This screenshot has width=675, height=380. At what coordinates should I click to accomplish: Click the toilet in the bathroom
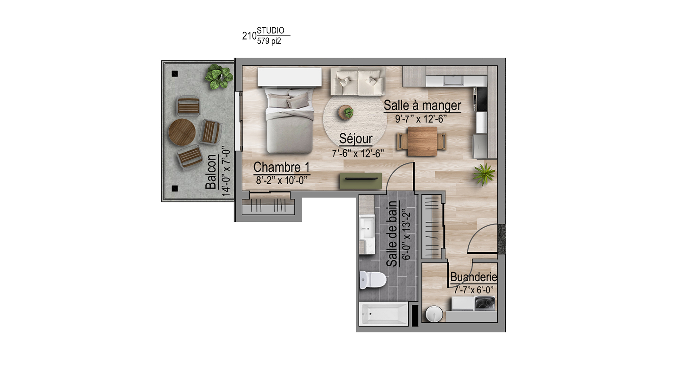(373, 280)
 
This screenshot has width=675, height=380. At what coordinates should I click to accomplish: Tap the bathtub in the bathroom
(384, 314)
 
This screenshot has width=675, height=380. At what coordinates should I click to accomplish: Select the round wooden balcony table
(182, 132)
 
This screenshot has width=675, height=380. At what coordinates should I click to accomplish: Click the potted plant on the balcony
(219, 77)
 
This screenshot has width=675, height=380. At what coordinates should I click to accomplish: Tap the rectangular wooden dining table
(422, 141)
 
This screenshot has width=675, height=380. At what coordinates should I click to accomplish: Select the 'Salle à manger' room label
(422, 105)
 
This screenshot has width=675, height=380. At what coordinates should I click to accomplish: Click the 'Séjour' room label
(356, 139)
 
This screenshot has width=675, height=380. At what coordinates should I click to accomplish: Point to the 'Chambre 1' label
(281, 167)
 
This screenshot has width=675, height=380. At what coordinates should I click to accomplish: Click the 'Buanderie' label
(473, 277)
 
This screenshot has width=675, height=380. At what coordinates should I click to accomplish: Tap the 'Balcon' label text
(211, 172)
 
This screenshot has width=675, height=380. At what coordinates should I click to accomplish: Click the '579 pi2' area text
(269, 41)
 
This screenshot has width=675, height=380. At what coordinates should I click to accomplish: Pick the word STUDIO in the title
(271, 30)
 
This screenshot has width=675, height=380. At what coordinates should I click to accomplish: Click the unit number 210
(249, 36)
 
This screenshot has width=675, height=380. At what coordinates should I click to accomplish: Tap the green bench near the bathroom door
(361, 180)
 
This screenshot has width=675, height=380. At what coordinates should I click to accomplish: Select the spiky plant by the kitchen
(483, 175)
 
